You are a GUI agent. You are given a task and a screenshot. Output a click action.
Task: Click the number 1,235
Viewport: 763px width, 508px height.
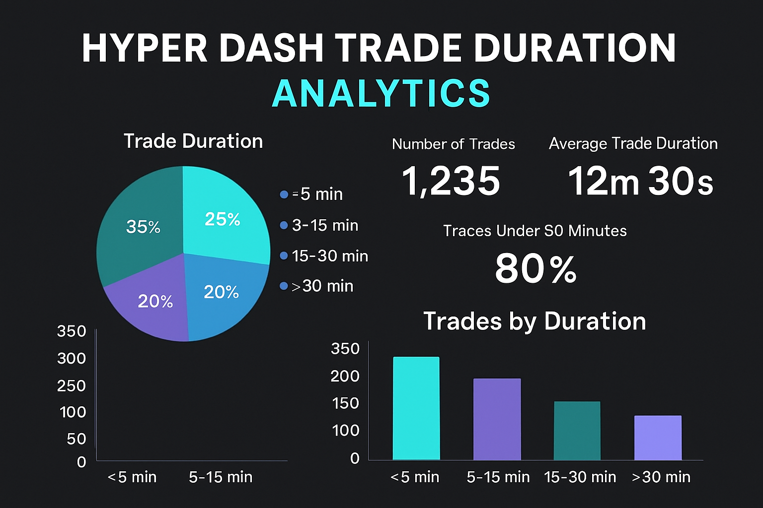coord(451,181)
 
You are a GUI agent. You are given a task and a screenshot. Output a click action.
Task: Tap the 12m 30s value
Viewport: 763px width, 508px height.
coord(640,181)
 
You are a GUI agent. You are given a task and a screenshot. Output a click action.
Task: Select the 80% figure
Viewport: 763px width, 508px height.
coord(535,269)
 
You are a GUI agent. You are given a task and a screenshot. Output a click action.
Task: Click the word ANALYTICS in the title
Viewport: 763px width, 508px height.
coord(381,93)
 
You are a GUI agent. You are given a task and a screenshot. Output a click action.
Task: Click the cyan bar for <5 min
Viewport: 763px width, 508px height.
coord(416,408)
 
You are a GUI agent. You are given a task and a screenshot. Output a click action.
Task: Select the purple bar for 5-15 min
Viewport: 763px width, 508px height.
coord(497,419)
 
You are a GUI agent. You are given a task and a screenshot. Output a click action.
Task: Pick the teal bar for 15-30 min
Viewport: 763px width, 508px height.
coord(577,430)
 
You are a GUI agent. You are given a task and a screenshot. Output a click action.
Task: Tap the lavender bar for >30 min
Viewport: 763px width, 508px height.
coord(658,438)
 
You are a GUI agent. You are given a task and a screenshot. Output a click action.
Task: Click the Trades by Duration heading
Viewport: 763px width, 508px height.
coord(534,321)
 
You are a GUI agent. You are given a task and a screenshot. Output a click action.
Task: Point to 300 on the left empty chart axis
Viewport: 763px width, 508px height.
coord(72,358)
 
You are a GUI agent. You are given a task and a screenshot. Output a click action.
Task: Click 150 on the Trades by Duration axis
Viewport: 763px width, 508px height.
coord(345,403)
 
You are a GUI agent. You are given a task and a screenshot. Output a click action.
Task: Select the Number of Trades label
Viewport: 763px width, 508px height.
coord(453,144)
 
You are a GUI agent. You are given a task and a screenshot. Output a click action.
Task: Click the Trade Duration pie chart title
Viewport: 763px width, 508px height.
coord(193,141)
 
